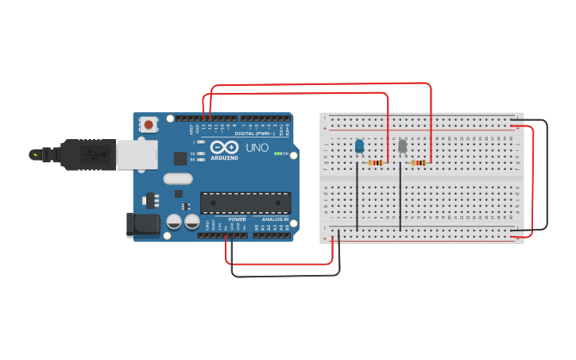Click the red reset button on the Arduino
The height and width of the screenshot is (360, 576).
(x=149, y=124)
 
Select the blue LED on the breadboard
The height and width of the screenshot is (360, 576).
(x=359, y=145)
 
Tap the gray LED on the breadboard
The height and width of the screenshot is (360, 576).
(x=402, y=145)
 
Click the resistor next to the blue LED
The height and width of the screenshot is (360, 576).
(x=376, y=163)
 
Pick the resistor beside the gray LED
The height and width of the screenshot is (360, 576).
(x=419, y=163)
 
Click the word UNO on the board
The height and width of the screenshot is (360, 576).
(x=257, y=148)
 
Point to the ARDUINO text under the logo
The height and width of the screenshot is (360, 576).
(x=225, y=158)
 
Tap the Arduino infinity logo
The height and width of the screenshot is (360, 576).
(x=224, y=147)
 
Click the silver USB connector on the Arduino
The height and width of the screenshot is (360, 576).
(x=137, y=155)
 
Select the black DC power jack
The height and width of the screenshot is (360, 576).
(x=143, y=224)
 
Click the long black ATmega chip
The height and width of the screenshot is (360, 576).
(x=245, y=203)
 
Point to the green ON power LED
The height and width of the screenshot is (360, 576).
(x=277, y=153)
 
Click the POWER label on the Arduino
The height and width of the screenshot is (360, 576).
(x=237, y=219)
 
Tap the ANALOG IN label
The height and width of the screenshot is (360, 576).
(x=276, y=219)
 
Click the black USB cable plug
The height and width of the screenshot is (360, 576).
(x=79, y=155)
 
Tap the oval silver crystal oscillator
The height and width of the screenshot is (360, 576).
(x=179, y=180)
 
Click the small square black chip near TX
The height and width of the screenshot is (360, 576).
(x=180, y=158)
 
